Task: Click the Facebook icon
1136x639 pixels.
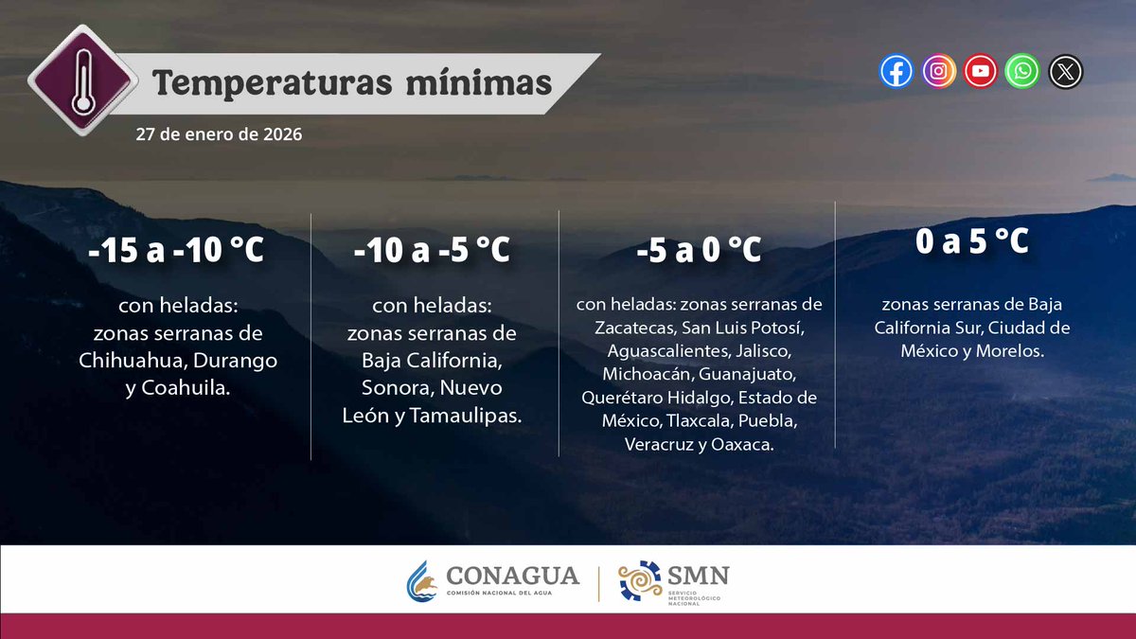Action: (896, 71)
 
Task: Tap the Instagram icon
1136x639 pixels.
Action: (938, 71)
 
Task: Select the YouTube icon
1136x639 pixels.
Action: (981, 71)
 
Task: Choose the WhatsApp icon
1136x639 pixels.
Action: (1023, 71)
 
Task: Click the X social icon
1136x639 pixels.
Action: (1066, 71)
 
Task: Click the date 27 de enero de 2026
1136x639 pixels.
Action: (219, 134)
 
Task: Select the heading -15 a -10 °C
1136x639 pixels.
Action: (176, 252)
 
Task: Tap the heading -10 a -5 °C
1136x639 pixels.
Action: (432, 252)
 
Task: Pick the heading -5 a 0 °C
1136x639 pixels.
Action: (700, 252)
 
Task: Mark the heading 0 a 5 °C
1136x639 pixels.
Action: (972, 242)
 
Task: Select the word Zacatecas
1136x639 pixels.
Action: (633, 328)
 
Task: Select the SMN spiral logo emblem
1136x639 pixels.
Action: (639, 580)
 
